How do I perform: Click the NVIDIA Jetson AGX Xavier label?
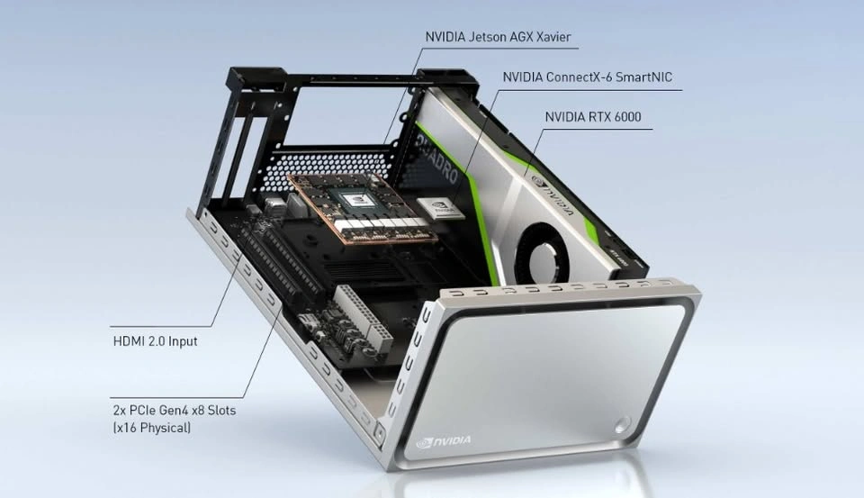(x=498, y=37)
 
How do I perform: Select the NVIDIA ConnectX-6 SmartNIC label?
(x=588, y=77)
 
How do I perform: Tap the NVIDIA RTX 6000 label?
(x=593, y=117)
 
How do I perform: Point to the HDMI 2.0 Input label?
(x=155, y=340)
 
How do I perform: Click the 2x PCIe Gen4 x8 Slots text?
(x=174, y=411)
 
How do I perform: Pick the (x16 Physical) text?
(x=151, y=428)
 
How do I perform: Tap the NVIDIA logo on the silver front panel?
(x=444, y=440)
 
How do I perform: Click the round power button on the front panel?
(x=622, y=425)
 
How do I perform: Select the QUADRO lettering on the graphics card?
(x=437, y=160)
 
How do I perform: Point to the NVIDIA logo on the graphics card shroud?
(x=553, y=195)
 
